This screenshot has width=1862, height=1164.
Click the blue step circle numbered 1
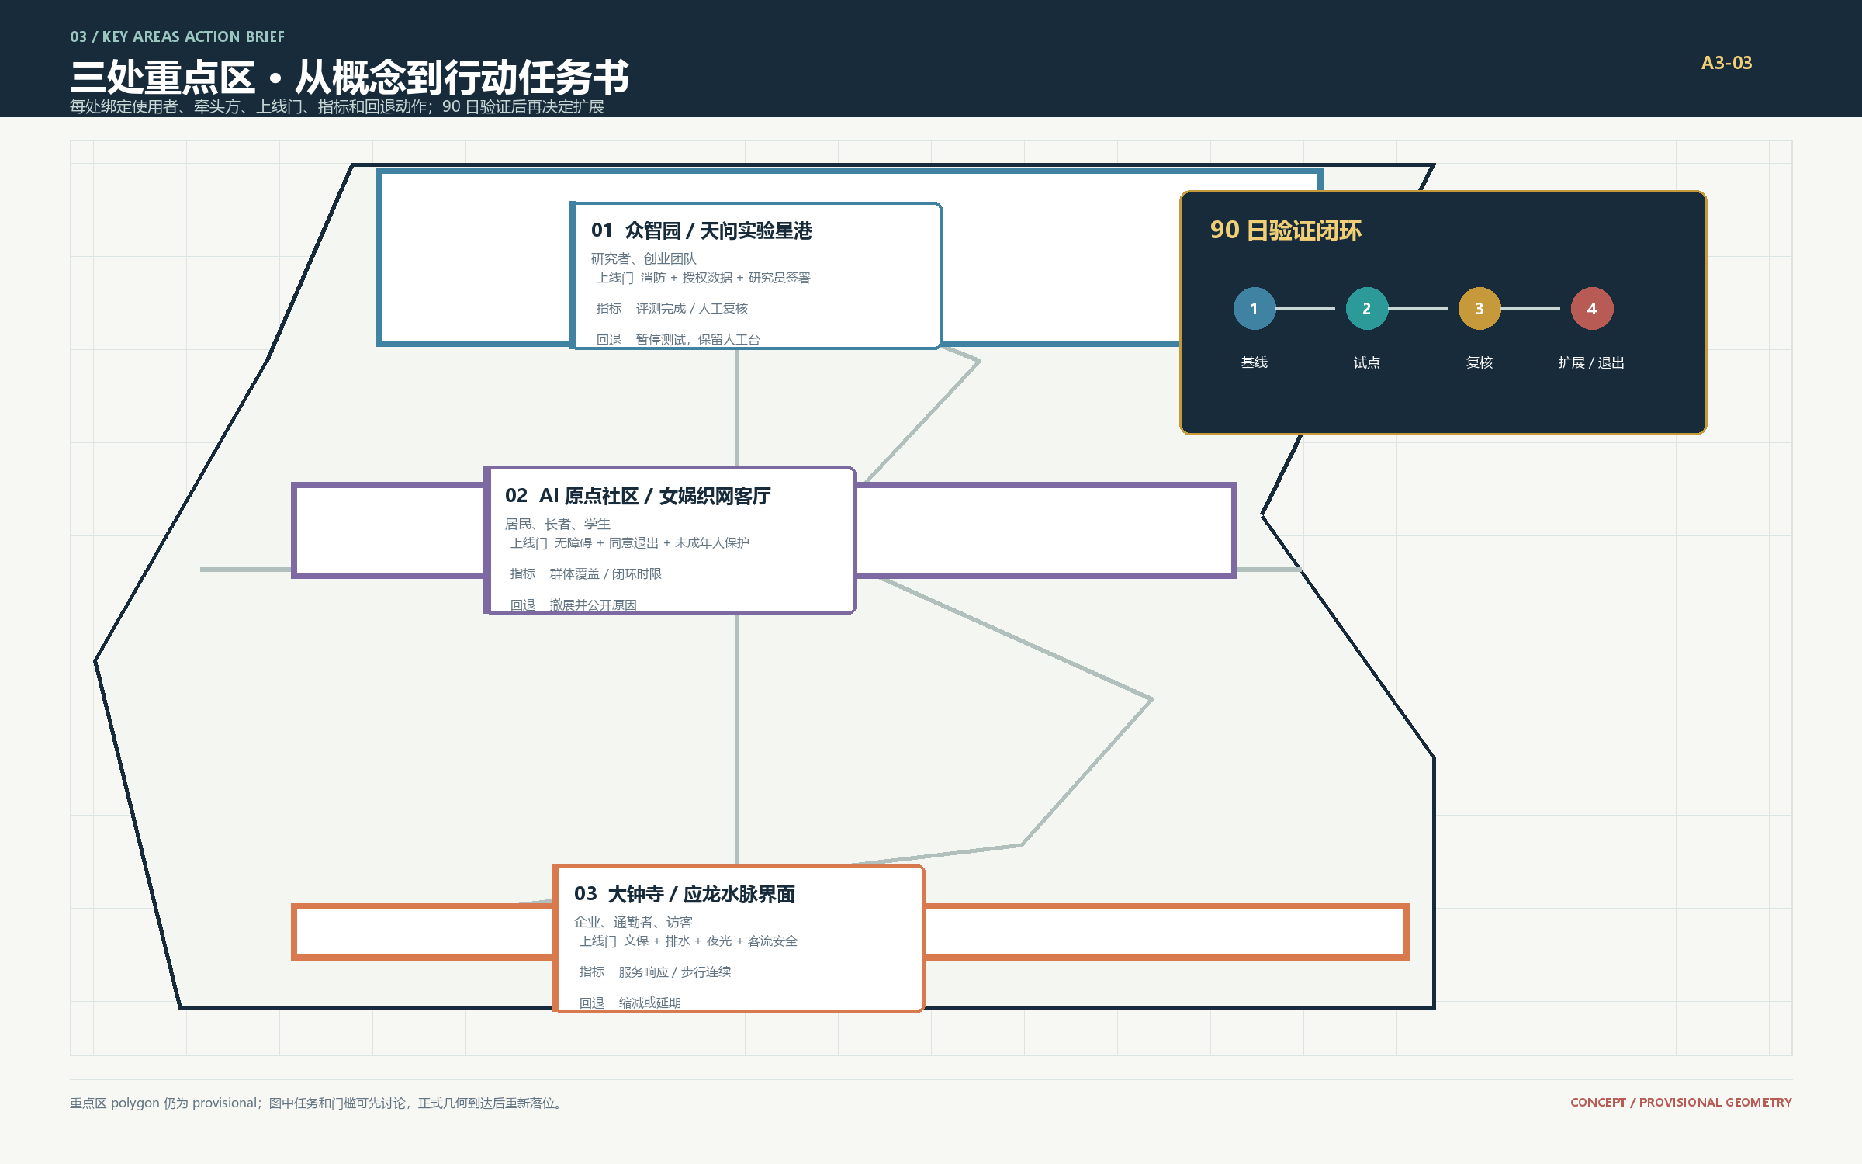click(x=1254, y=308)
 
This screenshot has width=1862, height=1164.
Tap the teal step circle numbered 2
click(x=1366, y=308)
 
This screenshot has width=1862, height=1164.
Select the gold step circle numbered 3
click(x=1479, y=308)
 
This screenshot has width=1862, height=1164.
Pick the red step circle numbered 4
click(x=1591, y=308)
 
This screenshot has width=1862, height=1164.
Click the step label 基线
click(x=1254, y=362)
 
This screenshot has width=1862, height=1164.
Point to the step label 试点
click(x=1366, y=362)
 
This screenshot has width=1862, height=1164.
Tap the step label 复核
click(x=1479, y=362)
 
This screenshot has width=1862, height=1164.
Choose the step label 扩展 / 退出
click(x=1591, y=362)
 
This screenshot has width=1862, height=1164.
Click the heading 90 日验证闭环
click(x=1286, y=230)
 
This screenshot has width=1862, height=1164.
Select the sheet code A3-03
click(x=1726, y=63)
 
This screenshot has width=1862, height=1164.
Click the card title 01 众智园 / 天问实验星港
click(x=701, y=230)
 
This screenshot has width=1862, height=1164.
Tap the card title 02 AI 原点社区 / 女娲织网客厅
click(x=638, y=496)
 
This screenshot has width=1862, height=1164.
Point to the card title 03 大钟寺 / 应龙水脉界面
click(x=684, y=894)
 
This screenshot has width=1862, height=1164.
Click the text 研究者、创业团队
click(x=644, y=258)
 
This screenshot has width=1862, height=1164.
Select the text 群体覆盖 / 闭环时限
click(x=605, y=573)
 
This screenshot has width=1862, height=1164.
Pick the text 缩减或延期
click(x=649, y=1003)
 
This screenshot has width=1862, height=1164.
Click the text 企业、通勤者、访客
click(x=633, y=922)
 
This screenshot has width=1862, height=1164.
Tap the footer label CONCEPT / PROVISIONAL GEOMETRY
click(x=1681, y=1102)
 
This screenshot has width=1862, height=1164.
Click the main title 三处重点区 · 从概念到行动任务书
click(x=349, y=77)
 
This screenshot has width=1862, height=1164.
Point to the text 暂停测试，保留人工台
click(x=697, y=339)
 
